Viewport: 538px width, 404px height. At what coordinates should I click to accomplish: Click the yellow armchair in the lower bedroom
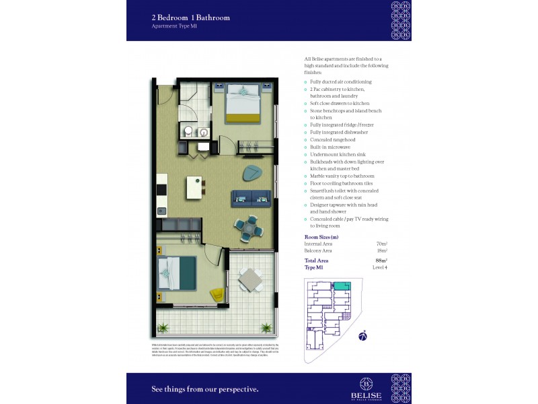217,294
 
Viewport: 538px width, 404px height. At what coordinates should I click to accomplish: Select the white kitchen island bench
193,188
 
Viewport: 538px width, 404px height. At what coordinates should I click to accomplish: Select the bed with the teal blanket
179,275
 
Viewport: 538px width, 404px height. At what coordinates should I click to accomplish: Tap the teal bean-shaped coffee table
254,173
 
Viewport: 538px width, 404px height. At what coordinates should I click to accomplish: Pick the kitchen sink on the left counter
161,211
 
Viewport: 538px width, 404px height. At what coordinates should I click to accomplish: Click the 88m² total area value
381,260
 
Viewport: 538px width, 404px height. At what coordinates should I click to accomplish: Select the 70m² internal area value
381,244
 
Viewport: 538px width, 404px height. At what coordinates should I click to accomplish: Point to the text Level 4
380,267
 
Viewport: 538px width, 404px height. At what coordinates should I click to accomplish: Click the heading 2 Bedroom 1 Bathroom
191,18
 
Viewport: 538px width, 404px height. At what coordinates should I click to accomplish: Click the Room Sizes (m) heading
321,237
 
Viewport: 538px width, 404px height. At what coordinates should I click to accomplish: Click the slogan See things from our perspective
205,389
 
